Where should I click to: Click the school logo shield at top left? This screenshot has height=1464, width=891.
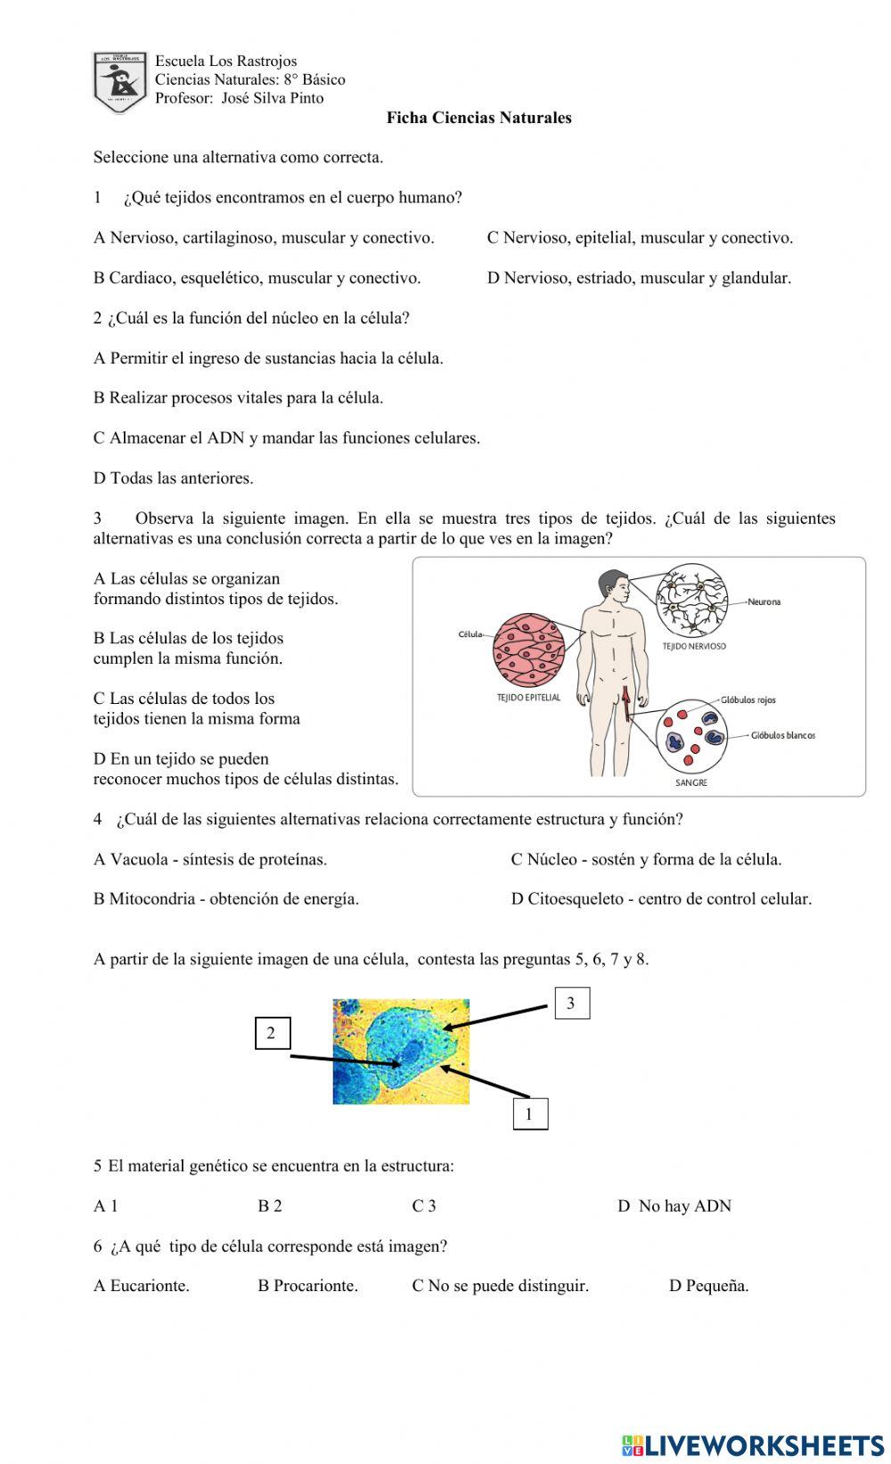(x=119, y=81)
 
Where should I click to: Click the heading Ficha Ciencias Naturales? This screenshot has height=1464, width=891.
(x=478, y=118)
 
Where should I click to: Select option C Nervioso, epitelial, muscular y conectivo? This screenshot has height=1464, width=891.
(x=639, y=238)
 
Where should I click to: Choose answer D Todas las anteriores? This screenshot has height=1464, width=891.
(x=174, y=478)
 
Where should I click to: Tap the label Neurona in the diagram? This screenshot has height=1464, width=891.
(x=764, y=602)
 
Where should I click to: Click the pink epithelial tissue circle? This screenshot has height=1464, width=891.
(x=529, y=650)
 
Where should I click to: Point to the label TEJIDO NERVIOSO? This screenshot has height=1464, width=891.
(x=693, y=647)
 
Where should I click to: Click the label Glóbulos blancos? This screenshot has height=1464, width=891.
(x=782, y=736)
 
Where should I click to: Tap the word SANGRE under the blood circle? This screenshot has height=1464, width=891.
(x=691, y=783)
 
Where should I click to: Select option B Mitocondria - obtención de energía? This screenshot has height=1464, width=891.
(x=226, y=899)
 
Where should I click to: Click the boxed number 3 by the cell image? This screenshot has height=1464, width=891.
(x=571, y=1003)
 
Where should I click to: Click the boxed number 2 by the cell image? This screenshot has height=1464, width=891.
(x=271, y=1034)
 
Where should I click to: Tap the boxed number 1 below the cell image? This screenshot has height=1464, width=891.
(x=529, y=1114)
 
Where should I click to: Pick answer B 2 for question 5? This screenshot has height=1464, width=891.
(x=270, y=1206)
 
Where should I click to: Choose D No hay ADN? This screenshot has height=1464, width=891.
(x=674, y=1206)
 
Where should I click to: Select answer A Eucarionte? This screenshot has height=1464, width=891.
(x=142, y=1286)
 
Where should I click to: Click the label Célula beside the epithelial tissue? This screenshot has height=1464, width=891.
(x=470, y=634)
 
